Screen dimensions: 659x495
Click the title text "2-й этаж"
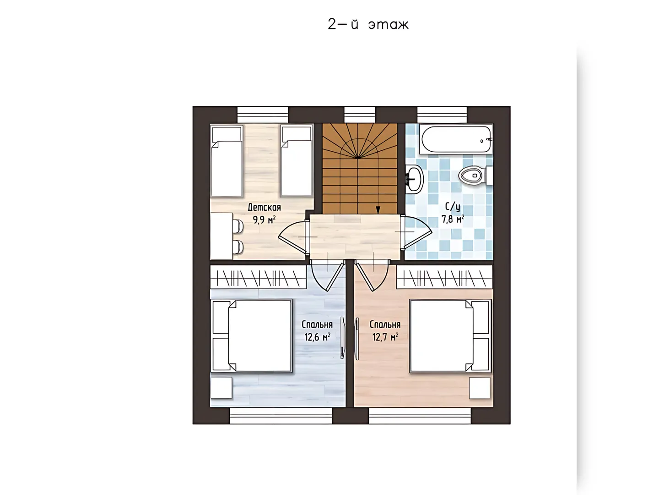tap(368, 24)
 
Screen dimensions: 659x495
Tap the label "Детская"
tap(264, 207)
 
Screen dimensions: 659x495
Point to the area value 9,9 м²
tap(264, 220)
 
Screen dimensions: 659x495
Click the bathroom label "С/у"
tap(453, 207)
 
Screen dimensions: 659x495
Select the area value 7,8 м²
tap(453, 219)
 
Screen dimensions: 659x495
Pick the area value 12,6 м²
tap(317, 337)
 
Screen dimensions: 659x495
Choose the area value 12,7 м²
tap(385, 337)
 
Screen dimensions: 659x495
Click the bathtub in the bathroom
tap(456, 139)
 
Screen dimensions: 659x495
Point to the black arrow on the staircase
tap(378, 209)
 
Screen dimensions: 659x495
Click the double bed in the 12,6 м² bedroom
tap(252, 335)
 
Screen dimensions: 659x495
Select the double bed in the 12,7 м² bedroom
tap(450, 335)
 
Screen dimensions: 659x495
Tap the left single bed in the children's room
tap(227, 161)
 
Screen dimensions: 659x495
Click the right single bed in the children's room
tap(297, 161)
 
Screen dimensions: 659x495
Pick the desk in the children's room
tap(221, 236)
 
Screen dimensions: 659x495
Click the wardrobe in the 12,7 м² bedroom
tap(444, 277)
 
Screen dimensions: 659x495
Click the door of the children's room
tap(293, 237)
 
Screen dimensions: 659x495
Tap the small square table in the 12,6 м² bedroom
tap(221, 388)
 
